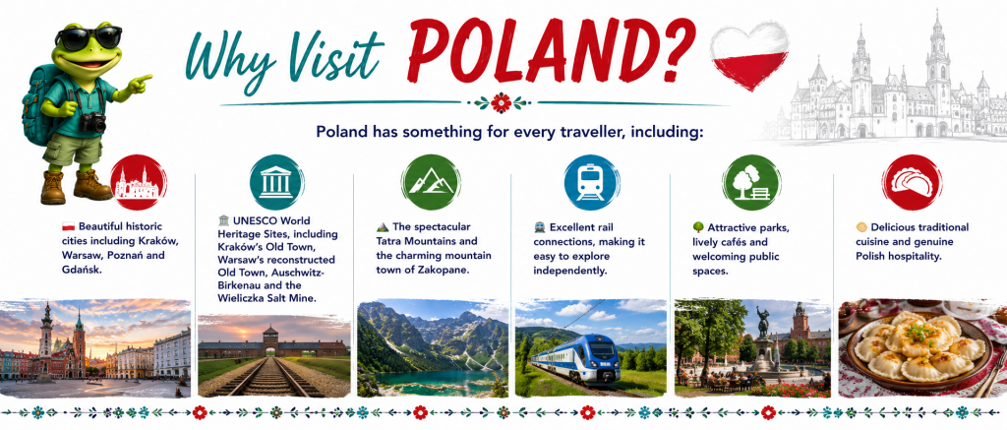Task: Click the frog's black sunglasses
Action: (89, 38)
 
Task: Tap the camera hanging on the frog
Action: (93, 122)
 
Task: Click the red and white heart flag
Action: (749, 55)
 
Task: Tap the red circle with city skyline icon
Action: (138, 183)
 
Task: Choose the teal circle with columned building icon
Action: (276, 181)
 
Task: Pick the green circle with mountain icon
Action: (431, 181)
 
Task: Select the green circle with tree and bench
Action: (750, 182)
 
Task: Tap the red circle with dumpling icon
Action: (912, 182)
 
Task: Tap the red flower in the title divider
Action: (501, 102)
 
